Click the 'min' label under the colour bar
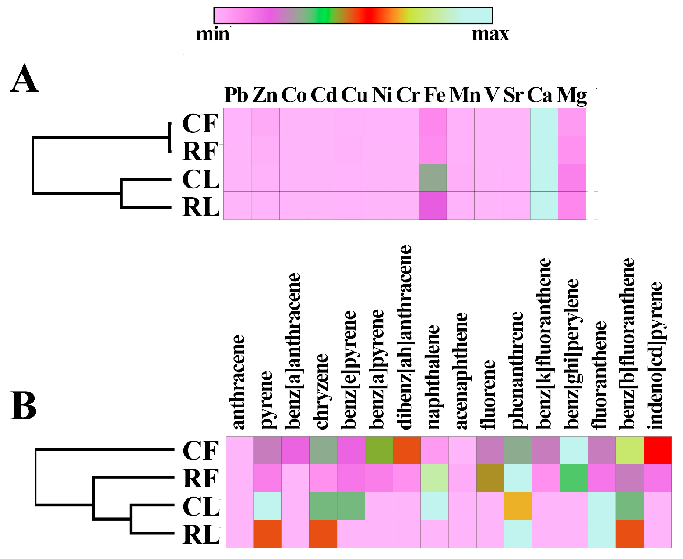(213, 35)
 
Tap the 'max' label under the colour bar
(490, 35)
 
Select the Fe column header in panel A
(434, 95)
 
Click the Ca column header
(540, 95)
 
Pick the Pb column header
(236, 95)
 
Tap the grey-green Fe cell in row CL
(433, 178)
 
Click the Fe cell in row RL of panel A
(433, 206)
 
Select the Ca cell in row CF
(544, 122)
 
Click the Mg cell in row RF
(572, 150)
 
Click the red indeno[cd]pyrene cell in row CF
(658, 450)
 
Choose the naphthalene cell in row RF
(435, 478)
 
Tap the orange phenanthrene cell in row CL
(518, 506)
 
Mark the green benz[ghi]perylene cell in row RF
(574, 478)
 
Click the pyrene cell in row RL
(267, 534)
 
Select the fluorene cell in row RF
(490, 478)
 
